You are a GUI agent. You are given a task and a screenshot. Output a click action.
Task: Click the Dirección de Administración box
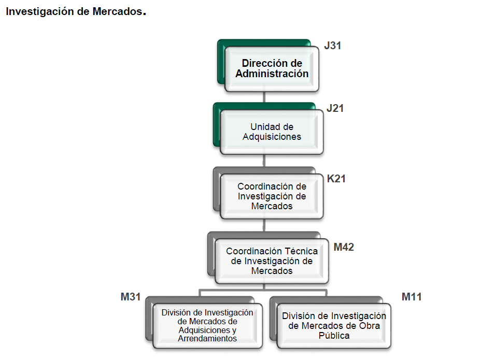pos(272,69)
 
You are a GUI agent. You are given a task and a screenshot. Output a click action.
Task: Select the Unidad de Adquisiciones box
pos(272,132)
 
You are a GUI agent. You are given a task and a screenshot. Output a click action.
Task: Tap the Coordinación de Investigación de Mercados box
pos(272,196)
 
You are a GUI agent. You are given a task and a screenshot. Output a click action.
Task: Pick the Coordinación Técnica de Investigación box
pos(272,261)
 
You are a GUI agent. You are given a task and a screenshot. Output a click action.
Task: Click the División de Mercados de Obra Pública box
pos(334,326)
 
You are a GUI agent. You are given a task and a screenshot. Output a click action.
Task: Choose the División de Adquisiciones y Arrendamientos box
pos(207,326)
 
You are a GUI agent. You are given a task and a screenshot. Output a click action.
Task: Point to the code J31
pos(332,46)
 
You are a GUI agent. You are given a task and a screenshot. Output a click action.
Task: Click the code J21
pos(335,109)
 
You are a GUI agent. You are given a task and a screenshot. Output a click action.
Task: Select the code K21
pos(336,179)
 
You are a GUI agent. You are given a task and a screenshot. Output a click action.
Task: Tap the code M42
pos(344,247)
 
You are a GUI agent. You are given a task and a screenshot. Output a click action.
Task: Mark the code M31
pos(131,297)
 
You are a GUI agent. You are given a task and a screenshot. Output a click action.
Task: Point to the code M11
pos(412,297)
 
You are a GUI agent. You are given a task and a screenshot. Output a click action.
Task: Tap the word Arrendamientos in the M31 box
pos(207,339)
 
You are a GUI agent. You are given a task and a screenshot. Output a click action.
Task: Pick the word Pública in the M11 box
pos(334,336)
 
